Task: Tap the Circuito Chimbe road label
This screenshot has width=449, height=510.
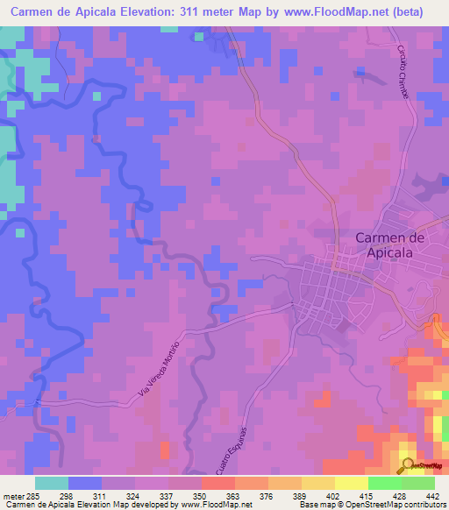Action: pyautogui.click(x=406, y=65)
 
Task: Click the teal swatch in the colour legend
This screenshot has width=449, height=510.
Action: pyautogui.click(x=52, y=482)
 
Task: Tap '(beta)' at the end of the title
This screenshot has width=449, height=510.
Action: pyautogui.click(x=422, y=12)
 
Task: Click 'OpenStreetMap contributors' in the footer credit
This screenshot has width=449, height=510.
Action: pyautogui.click(x=399, y=504)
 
